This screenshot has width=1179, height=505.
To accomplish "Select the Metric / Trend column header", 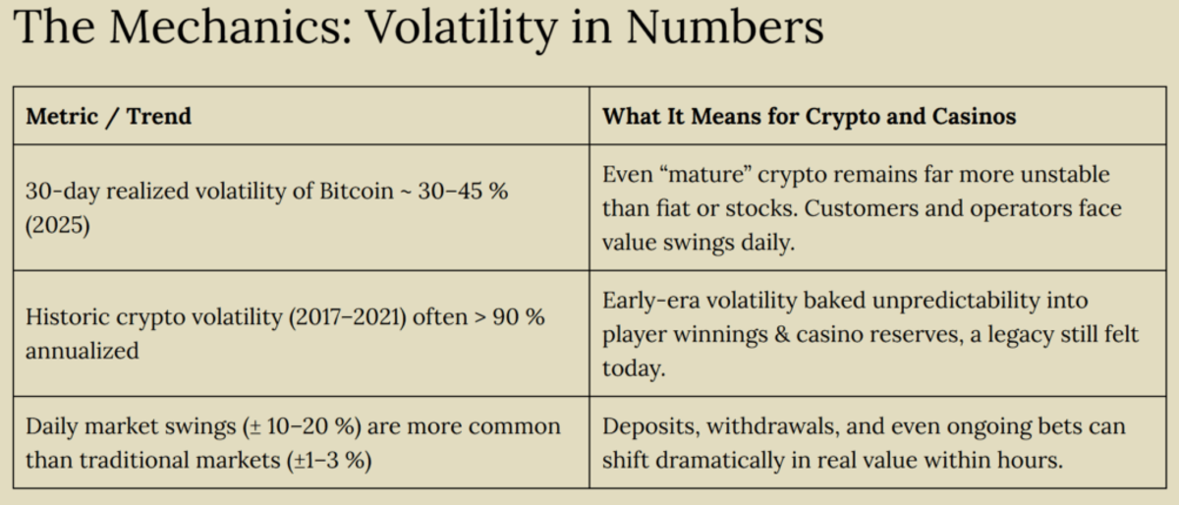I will click(x=108, y=117).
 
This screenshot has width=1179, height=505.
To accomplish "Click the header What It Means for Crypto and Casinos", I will click(x=809, y=117).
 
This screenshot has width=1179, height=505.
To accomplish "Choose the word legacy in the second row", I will click(x=1023, y=335).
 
